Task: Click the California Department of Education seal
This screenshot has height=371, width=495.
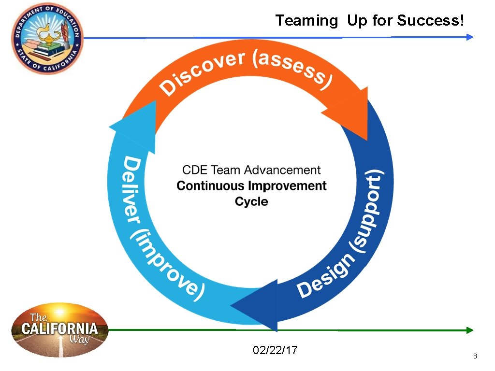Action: click(47, 38)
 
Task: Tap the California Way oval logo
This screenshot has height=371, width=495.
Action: click(59, 330)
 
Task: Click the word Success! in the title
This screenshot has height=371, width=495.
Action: click(431, 21)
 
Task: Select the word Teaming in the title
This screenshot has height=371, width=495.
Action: click(306, 21)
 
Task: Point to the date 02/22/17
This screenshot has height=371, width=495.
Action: click(275, 350)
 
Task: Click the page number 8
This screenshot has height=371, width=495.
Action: click(475, 357)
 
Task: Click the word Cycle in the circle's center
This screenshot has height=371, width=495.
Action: click(251, 201)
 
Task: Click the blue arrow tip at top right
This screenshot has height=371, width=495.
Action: click(470, 37)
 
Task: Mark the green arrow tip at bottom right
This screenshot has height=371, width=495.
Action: click(470, 330)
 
